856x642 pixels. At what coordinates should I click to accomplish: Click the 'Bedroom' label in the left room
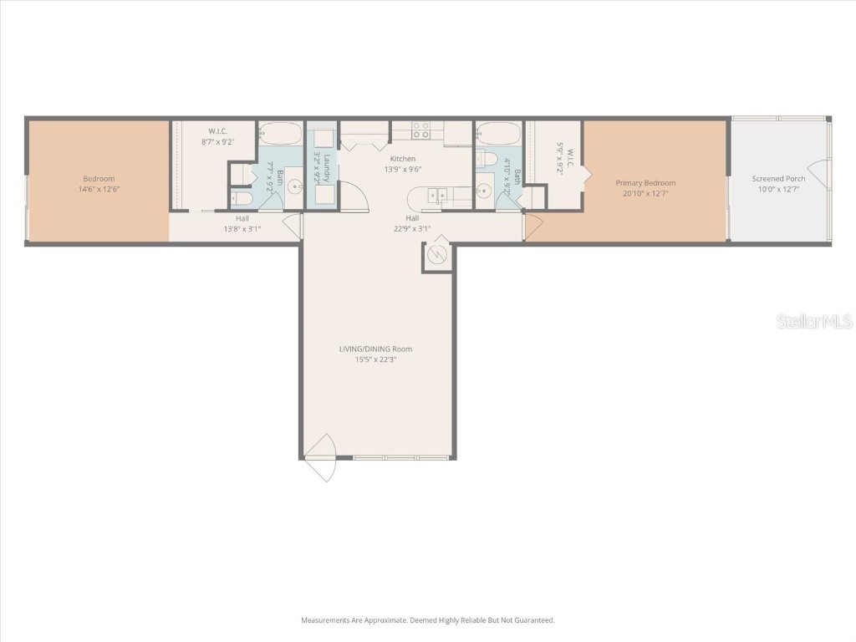[x=99, y=179]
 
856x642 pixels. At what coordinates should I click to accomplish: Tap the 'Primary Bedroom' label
[x=645, y=183]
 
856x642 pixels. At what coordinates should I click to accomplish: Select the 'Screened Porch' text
[x=778, y=179]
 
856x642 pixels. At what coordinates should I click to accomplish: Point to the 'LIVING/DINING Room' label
[x=375, y=349]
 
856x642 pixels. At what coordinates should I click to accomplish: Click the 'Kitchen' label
[x=402, y=159]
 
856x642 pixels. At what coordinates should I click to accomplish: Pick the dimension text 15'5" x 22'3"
[x=375, y=359]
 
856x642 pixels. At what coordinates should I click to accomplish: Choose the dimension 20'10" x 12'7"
[x=645, y=193]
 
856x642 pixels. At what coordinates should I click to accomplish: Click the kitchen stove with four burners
[x=420, y=130]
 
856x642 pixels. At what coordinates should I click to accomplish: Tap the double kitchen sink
[x=436, y=196]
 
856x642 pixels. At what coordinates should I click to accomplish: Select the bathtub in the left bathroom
[x=280, y=134]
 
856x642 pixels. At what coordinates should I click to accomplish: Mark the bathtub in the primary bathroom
[x=498, y=134]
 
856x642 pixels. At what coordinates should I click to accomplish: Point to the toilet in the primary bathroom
[x=489, y=160]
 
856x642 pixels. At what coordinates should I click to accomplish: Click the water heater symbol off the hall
[x=437, y=256]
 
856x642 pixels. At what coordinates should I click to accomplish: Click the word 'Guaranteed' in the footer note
[x=533, y=620]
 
